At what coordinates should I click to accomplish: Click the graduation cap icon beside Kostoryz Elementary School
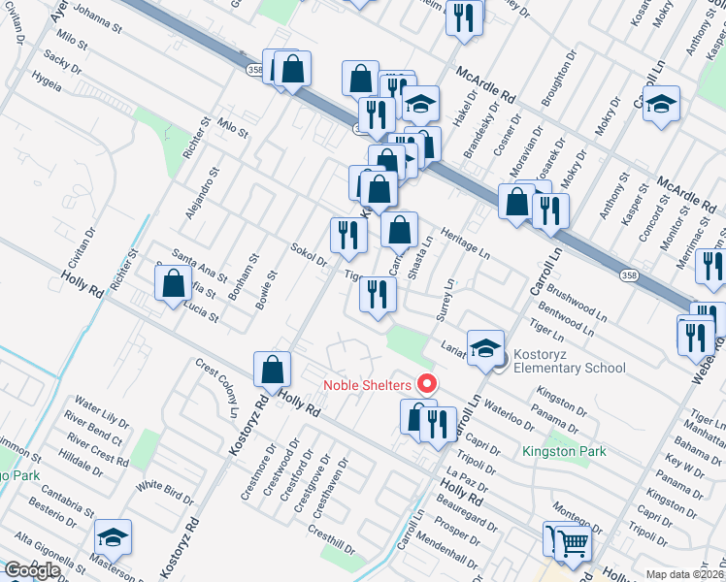(485, 347)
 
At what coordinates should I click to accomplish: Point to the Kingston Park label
(564, 451)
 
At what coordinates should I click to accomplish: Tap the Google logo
(32, 570)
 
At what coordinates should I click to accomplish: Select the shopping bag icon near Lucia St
(174, 283)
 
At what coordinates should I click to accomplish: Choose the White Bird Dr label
(165, 493)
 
